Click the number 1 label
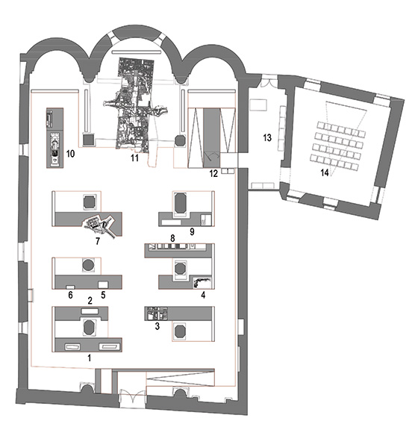point(89,358)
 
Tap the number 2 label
point(90,301)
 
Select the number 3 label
point(157,326)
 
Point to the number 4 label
point(203,295)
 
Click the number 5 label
point(103,295)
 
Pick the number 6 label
point(70,295)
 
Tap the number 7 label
point(98,241)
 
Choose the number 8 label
point(172,238)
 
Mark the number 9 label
point(192,231)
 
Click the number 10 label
point(70,154)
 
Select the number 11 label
point(134,158)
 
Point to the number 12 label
point(213,173)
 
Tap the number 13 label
point(267,137)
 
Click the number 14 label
point(325,172)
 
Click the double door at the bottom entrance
point(133,396)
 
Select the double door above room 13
point(266,82)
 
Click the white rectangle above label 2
point(90,311)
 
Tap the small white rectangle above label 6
point(70,287)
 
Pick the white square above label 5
point(103,284)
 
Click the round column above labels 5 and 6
point(88,265)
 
